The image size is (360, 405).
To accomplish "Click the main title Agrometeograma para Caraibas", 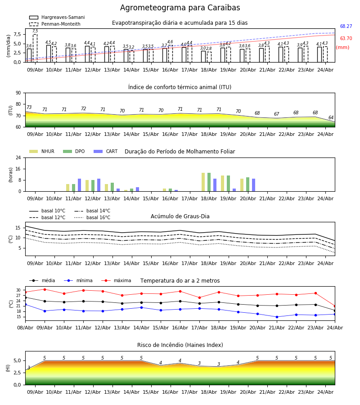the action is point(180,8).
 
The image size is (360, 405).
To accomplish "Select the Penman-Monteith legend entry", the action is point(55,24).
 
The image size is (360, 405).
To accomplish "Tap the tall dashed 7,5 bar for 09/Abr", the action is point(35,48).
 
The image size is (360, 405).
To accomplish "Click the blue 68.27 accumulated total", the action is point(346,27).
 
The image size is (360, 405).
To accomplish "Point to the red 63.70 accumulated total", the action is point(346,39).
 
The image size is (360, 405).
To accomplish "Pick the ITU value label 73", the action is point(29,107).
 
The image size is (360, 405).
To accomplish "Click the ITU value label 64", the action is point(331,117).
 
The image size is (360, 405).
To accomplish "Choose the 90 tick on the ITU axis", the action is point(18,93).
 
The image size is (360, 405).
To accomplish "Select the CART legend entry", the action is point(106,151).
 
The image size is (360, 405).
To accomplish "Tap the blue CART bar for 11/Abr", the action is point(79,185).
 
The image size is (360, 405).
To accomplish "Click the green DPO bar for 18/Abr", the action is point(209,182).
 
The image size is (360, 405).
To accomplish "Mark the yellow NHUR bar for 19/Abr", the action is point(222,184).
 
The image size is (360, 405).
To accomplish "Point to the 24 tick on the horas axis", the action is point(18,157).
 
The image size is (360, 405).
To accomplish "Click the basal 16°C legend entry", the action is point(92,217).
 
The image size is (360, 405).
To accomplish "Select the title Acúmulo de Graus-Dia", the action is point(180,216).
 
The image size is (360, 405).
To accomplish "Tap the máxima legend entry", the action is point(116,280).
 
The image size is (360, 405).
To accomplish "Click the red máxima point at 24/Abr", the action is point(335,306).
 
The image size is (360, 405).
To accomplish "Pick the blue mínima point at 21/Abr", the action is point(277,317).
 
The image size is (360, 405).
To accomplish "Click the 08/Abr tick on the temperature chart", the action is point(25,328).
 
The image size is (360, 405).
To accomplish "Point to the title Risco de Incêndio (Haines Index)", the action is point(180,345).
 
